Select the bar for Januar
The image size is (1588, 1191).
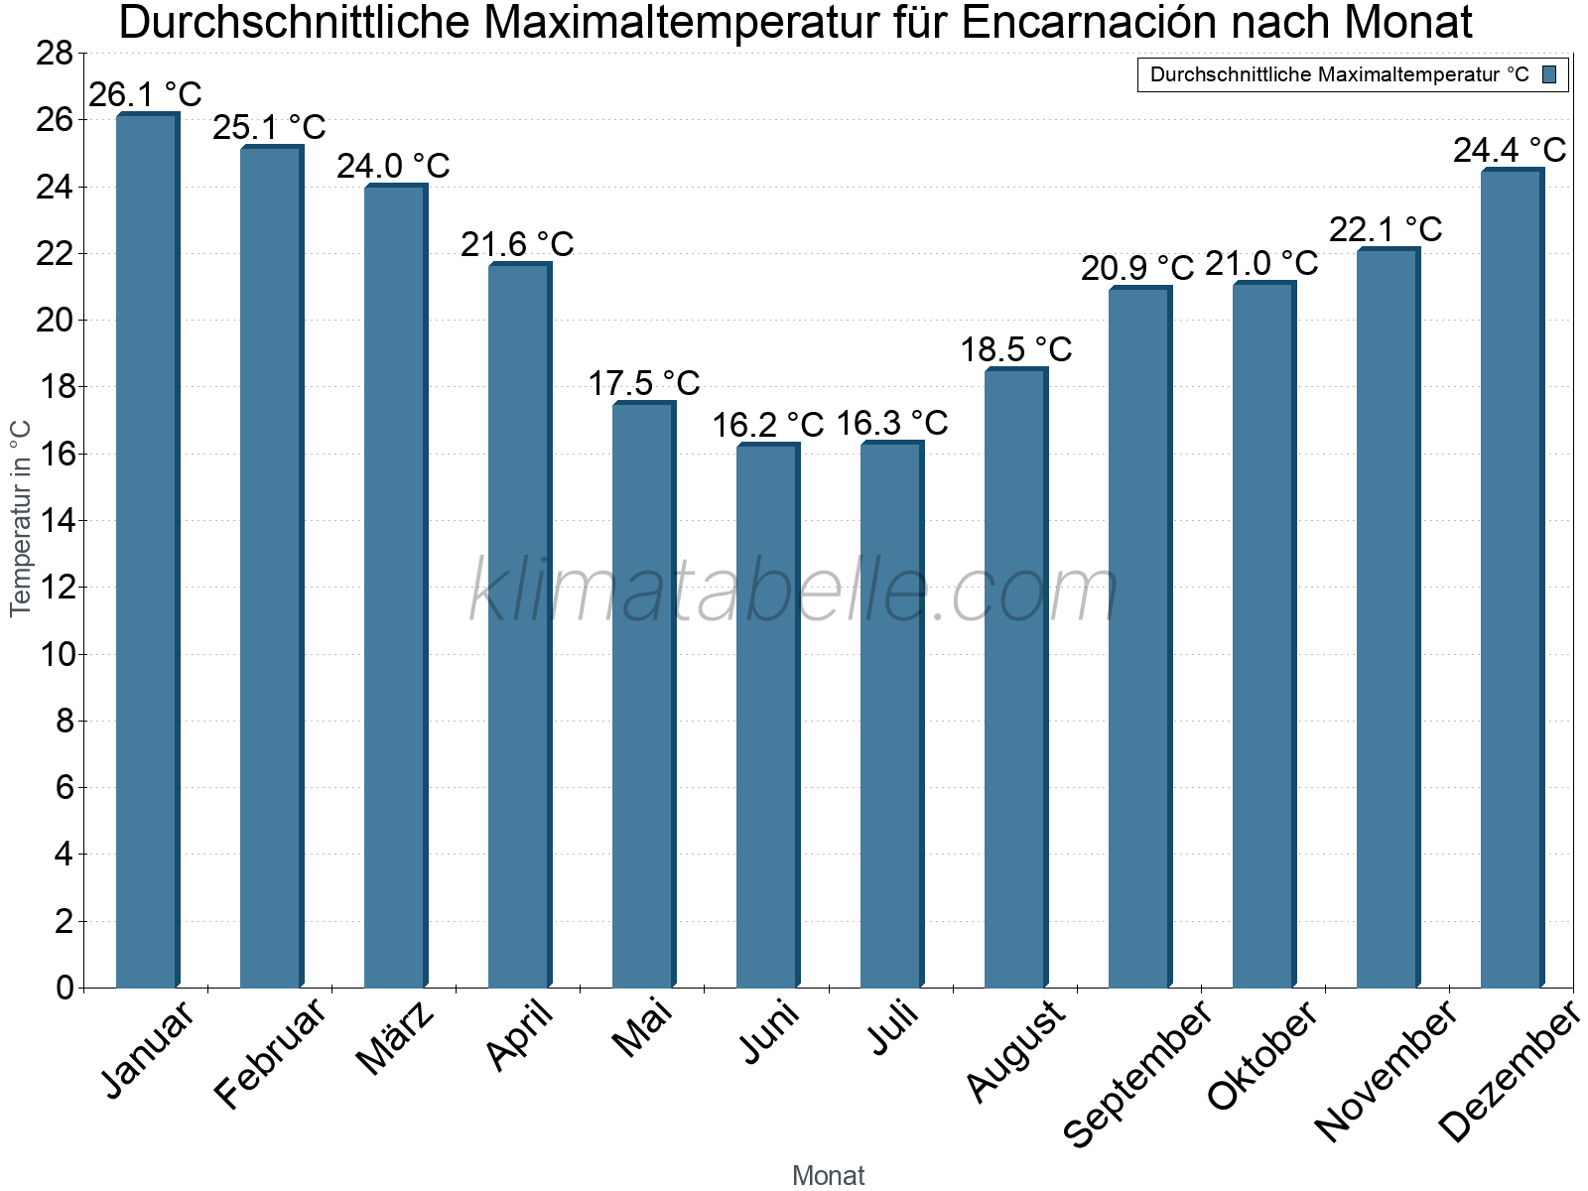coord(147,551)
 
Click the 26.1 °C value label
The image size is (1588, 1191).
coord(145,95)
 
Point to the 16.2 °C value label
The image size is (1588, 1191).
coord(767,425)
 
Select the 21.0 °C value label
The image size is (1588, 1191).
coord(1261,264)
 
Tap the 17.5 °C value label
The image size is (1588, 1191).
coord(643,382)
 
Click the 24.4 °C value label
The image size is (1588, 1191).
coord(1510,150)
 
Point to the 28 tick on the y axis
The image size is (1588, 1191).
coord(55,54)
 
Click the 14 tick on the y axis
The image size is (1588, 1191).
coord(55,520)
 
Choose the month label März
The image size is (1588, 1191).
coord(396,1038)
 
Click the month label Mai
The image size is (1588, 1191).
coord(642,1028)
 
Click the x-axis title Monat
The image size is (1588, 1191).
coord(829,1176)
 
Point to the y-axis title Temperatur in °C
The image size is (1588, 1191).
coord(21,518)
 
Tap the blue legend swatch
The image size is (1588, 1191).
coord(1550,74)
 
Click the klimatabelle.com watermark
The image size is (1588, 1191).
coord(794,591)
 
